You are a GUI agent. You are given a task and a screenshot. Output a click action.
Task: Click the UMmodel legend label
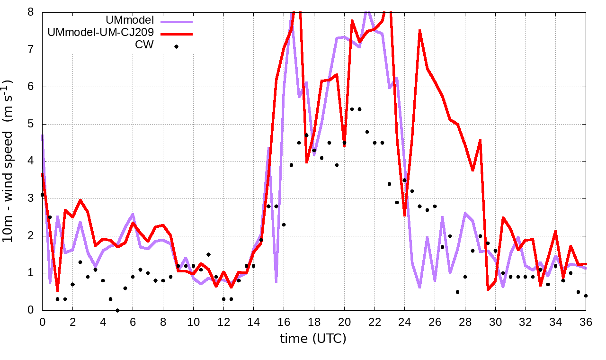point(131,21)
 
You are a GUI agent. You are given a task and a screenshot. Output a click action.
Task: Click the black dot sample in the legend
point(176,46)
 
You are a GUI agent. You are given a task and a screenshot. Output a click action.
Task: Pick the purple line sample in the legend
point(177,21)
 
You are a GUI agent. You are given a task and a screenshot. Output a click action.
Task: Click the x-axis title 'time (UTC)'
point(313,339)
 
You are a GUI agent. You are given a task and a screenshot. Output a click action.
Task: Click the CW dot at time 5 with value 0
point(118,310)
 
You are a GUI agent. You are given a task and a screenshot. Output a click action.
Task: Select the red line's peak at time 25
point(419,31)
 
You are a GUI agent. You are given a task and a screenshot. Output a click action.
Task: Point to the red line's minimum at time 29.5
point(488,289)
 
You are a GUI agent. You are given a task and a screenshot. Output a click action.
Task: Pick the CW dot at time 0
point(43,195)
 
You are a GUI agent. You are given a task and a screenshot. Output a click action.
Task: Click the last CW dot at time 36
point(586,296)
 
